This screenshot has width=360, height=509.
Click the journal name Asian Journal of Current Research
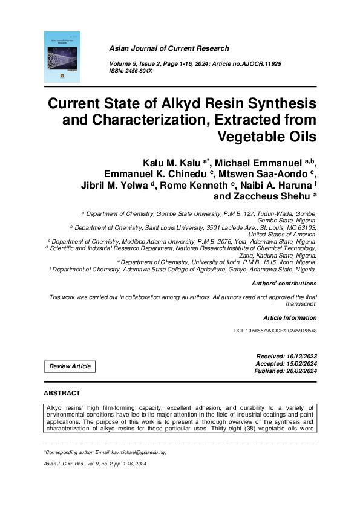(x=169, y=48)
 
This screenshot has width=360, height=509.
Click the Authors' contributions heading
(x=283, y=283)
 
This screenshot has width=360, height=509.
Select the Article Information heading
(x=290, y=317)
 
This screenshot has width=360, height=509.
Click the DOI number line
(x=275, y=332)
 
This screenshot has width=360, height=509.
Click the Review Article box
(x=70, y=366)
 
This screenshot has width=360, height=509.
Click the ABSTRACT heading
(x=61, y=394)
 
